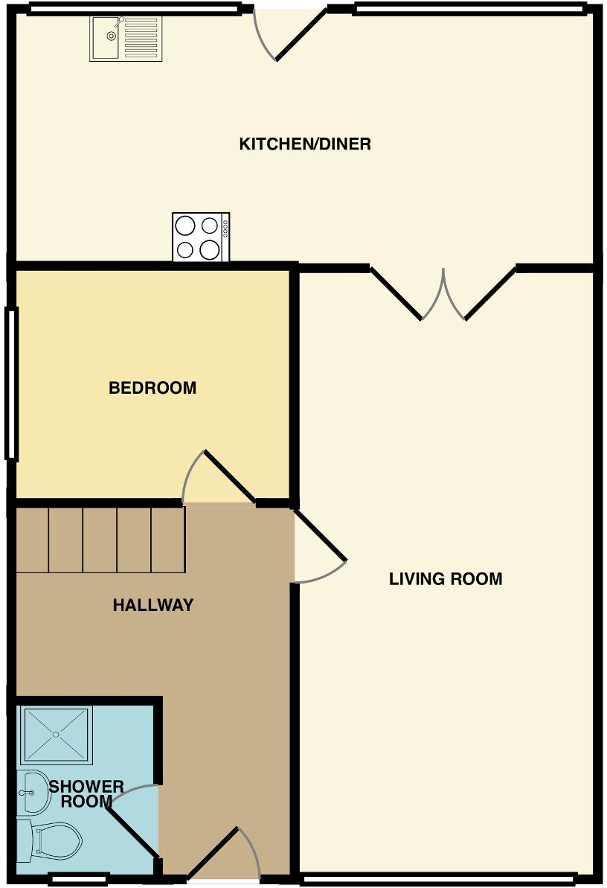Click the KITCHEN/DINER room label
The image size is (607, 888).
pos(304,144)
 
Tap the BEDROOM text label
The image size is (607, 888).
pos(152,388)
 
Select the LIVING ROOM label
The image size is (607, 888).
pos(446,578)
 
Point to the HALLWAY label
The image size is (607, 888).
pos(152,605)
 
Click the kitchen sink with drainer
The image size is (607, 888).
pos(125,38)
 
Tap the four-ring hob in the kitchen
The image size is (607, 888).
pos(201,237)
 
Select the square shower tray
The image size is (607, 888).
pos(57,735)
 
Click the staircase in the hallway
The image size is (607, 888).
pos(100,540)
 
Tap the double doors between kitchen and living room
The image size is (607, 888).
pos(443,295)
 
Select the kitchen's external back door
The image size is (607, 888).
pos(290,34)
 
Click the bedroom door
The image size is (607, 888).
pos(220,478)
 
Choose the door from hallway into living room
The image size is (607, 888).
pos(320,547)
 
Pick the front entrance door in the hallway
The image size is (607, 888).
pos(223,856)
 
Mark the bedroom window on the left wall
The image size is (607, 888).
pos(11,383)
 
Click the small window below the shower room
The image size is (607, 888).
pos(80,878)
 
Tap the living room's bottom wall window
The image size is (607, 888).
pos(439,878)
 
